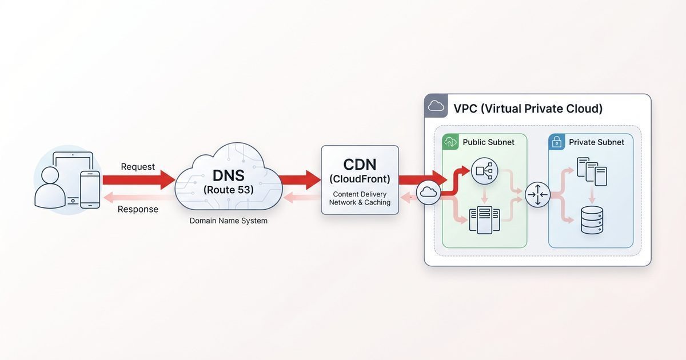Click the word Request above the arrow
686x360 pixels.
click(x=138, y=167)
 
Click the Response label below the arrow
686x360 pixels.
click(x=138, y=209)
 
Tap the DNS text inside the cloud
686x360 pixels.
click(x=228, y=175)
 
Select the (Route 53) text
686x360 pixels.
click(x=228, y=190)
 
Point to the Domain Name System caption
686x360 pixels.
click(x=228, y=221)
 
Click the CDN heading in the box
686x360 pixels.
click(x=360, y=165)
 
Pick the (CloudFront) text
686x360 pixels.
click(x=360, y=179)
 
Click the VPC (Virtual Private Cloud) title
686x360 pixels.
click(x=528, y=109)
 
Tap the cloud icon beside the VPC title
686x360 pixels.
click(x=436, y=106)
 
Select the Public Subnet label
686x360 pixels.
click(x=488, y=142)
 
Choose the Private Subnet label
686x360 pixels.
click(x=596, y=142)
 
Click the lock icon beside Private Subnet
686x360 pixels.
click(x=557, y=142)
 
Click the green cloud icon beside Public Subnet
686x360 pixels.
click(x=451, y=142)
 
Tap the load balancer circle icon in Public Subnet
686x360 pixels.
click(x=484, y=170)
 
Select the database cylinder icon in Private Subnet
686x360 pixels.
click(x=592, y=220)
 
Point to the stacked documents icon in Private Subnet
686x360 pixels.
click(x=592, y=171)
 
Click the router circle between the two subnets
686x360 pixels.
click(x=537, y=195)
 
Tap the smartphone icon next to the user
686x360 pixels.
click(x=90, y=189)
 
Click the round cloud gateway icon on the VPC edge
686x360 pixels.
click(x=428, y=194)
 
